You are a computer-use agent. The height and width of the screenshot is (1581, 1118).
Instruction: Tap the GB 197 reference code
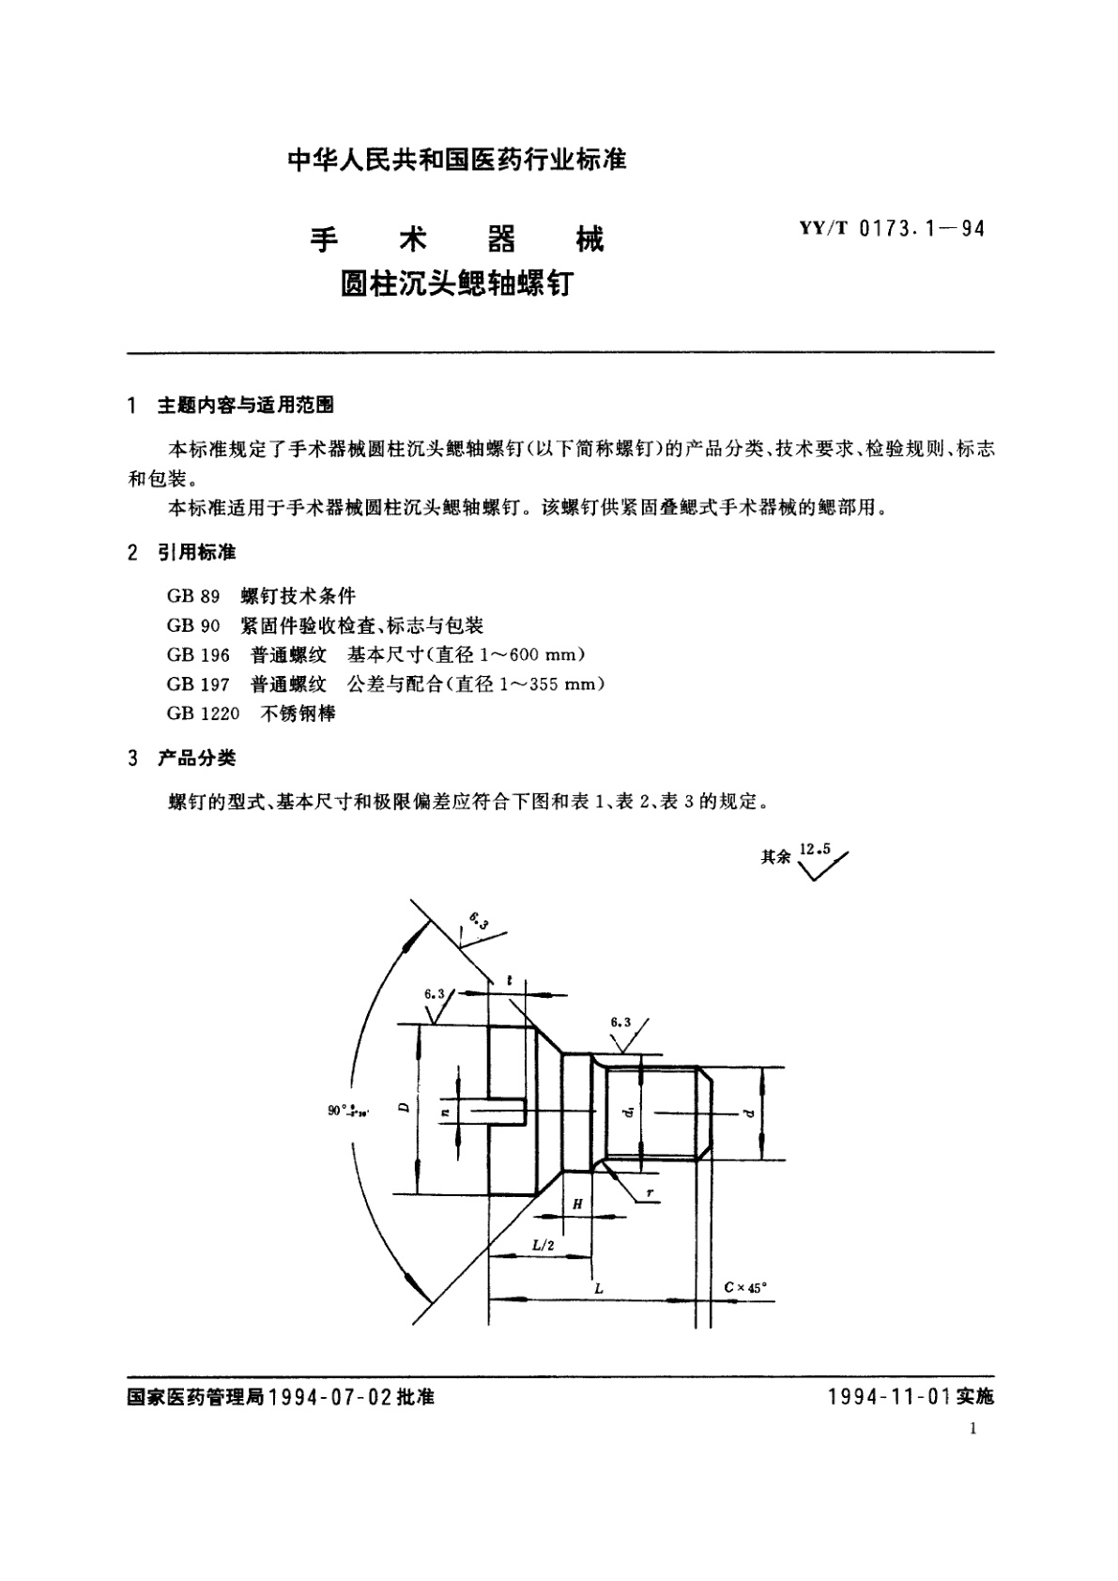[x=198, y=683]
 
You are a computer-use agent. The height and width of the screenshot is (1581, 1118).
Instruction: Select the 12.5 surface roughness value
[x=814, y=850]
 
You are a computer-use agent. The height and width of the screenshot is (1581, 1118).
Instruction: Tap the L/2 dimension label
[x=544, y=1245]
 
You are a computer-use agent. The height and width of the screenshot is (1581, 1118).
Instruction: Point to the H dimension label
[x=577, y=1205]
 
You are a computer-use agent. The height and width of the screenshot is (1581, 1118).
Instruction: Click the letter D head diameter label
[x=403, y=1108]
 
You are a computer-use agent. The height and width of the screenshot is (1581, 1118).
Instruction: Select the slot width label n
[x=447, y=1111]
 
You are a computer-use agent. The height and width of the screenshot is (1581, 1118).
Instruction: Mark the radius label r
[x=649, y=1194]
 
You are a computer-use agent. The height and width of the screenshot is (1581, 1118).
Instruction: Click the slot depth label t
[x=509, y=980]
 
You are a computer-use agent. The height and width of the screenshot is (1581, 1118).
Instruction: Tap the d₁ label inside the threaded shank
[x=630, y=1111]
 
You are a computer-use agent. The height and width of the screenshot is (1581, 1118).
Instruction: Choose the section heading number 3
[x=132, y=758]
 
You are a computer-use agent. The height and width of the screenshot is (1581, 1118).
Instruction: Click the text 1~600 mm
[x=544, y=654]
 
